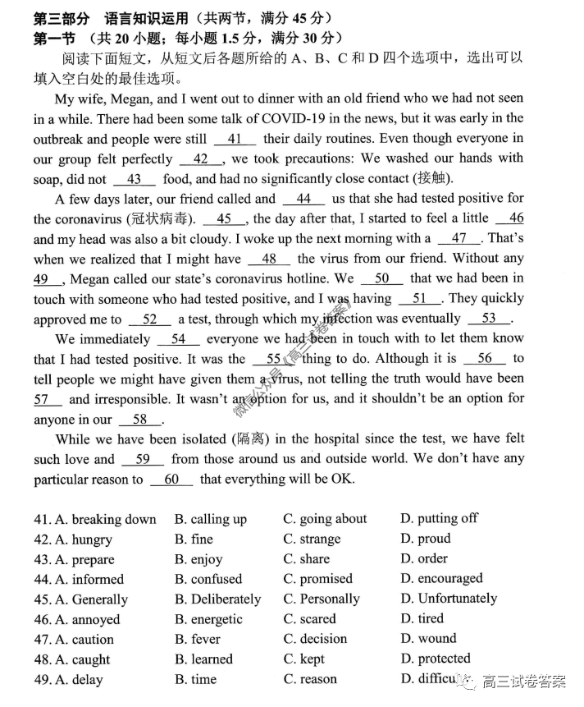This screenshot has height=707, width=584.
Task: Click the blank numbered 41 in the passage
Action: (235, 139)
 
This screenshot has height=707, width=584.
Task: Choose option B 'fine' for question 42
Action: (201, 539)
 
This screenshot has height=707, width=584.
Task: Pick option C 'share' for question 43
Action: (314, 560)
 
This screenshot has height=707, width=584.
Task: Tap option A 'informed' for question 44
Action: (98, 580)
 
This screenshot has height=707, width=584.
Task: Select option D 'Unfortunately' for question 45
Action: (457, 599)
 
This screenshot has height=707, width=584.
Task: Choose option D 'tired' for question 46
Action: (431, 619)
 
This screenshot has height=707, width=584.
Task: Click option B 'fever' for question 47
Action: (205, 640)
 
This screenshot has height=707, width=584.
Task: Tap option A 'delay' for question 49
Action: (87, 680)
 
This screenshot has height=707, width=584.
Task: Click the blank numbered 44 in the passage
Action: (303, 199)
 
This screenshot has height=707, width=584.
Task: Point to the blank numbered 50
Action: (381, 278)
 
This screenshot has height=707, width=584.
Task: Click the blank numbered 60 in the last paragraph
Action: (171, 480)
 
